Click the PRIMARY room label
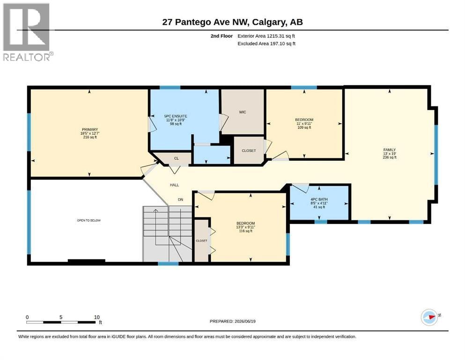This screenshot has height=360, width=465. tap(90, 129)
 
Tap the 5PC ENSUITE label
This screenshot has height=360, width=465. tap(176, 116)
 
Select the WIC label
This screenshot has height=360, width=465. tap(243, 112)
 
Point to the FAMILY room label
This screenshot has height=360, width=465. tap(390, 150)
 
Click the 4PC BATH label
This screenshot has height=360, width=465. tap(319, 199)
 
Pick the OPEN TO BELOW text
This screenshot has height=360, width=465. tap(89, 220)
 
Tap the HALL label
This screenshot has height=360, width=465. tap(174, 185)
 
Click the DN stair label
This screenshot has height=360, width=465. tap(180, 199)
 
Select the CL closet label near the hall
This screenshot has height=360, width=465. tap(176, 158)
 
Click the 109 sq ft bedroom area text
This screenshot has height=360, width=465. tap(304, 127)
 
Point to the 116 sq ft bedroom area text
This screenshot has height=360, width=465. tap(245, 231)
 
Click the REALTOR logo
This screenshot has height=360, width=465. tap(28, 32)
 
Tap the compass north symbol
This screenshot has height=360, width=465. tap(429, 317)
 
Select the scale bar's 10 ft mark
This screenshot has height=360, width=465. tap(96, 317)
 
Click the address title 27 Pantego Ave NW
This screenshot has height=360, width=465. tap(207, 22)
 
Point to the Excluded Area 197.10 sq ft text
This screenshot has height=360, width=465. tap(266, 44)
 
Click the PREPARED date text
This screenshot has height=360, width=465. tap(232, 321)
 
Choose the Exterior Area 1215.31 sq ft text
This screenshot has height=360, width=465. tap(266, 36)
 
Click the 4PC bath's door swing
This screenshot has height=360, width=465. tap(300, 188)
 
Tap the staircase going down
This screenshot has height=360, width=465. tap(168, 234)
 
